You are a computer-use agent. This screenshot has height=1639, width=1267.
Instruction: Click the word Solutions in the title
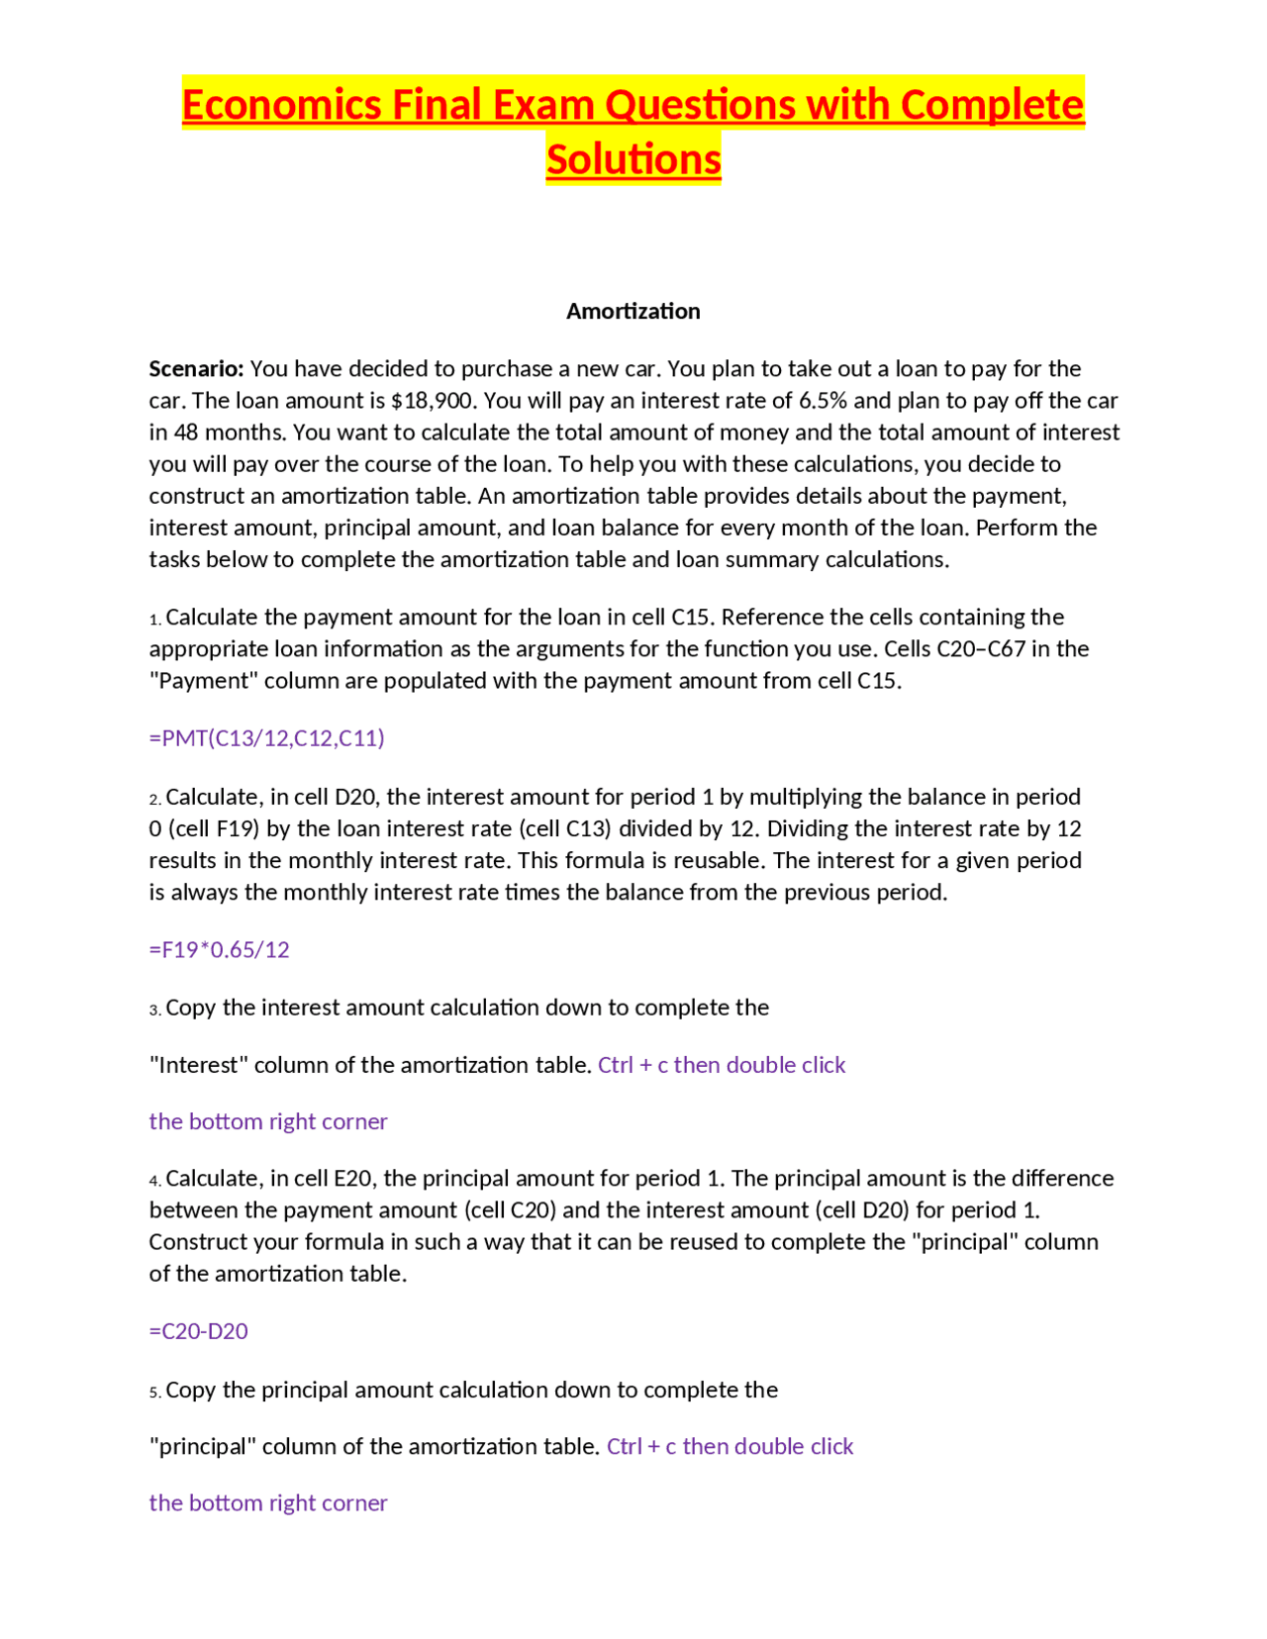point(633,159)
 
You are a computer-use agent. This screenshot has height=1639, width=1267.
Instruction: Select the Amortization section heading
point(633,311)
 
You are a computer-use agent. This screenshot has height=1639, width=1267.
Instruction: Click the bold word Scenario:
point(196,369)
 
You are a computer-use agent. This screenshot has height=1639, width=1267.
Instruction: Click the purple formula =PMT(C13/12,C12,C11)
point(266,738)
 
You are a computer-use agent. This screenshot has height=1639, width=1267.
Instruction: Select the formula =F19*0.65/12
point(219,950)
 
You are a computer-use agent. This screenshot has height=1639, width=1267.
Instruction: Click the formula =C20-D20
point(198,1331)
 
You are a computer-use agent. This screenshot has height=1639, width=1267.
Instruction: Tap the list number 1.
point(154,620)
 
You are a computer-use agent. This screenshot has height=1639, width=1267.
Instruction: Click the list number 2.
point(154,800)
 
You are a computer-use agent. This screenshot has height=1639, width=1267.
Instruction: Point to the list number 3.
point(154,1011)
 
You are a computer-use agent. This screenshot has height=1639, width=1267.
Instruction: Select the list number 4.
point(154,1181)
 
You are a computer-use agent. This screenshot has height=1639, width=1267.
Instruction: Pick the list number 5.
point(154,1393)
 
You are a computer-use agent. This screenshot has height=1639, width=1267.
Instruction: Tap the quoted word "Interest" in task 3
point(198,1065)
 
